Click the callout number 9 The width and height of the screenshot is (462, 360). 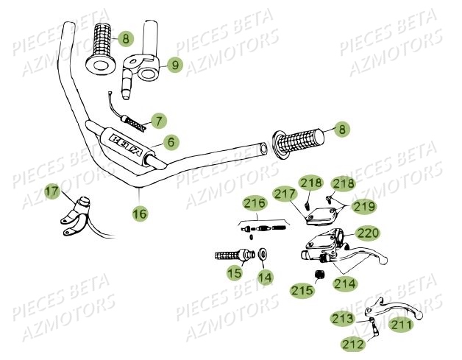(174, 66)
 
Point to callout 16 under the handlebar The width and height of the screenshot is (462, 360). (139, 213)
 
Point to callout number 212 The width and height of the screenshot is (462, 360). (352, 343)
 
